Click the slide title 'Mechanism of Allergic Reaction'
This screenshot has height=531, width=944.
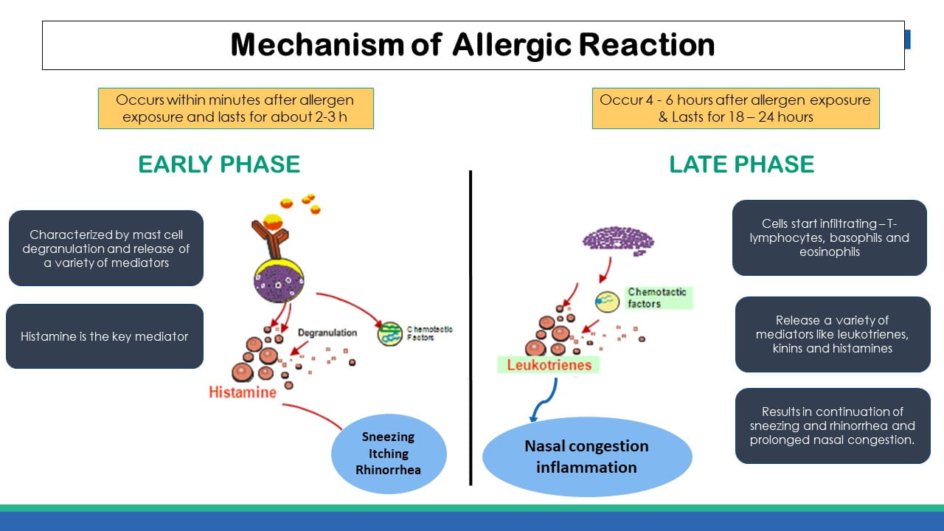click(473, 45)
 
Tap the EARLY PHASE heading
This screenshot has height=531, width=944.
click(219, 164)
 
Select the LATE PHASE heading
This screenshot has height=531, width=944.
click(741, 164)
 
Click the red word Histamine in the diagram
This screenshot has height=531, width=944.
click(243, 392)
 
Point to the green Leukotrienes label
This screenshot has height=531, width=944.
click(549, 364)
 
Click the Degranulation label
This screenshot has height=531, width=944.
click(327, 333)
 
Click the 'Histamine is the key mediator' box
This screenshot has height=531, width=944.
click(105, 336)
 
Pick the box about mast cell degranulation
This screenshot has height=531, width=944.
click(105, 249)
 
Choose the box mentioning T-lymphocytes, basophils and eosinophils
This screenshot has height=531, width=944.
click(829, 237)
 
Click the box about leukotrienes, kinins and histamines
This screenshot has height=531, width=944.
click(832, 334)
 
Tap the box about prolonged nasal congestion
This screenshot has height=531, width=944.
click(832, 426)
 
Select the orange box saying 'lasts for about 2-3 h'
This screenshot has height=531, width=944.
click(235, 108)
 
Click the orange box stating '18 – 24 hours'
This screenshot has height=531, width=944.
click(735, 108)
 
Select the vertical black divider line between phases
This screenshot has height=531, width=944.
click(471, 328)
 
